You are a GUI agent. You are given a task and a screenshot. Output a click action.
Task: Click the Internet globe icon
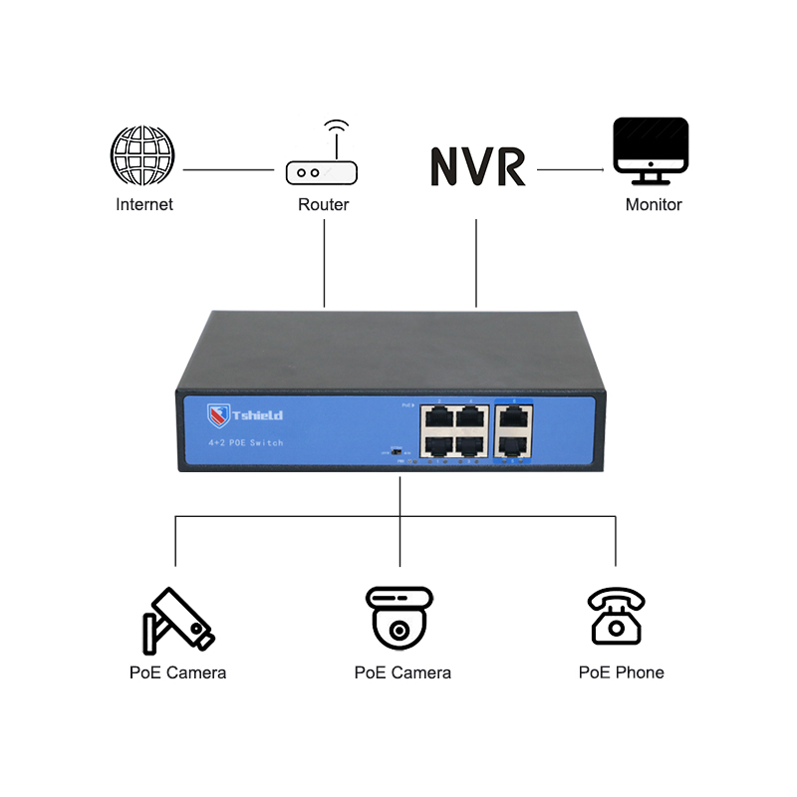(142, 156)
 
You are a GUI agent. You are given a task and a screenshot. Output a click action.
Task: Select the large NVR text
(477, 167)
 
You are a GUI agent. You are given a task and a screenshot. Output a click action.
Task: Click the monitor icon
(651, 149)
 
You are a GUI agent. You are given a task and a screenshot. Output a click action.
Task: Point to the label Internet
(144, 205)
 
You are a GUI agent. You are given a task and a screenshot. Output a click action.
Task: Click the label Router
(324, 205)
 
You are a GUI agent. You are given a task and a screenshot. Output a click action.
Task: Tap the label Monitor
(654, 205)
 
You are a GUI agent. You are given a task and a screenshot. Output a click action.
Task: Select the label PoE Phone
(621, 672)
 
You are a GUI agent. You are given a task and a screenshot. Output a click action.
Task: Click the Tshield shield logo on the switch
(218, 414)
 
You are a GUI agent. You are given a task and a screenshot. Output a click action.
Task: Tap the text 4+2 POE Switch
(246, 441)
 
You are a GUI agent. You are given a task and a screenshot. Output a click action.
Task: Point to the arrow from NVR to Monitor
(571, 170)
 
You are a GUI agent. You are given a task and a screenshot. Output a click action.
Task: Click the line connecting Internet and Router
(228, 170)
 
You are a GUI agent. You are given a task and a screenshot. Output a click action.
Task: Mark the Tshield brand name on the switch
(257, 415)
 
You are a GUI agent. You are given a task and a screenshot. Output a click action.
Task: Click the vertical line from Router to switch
(325, 263)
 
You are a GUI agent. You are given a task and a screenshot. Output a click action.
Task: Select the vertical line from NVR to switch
(477, 263)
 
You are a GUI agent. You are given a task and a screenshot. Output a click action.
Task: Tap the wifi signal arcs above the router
(337, 129)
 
